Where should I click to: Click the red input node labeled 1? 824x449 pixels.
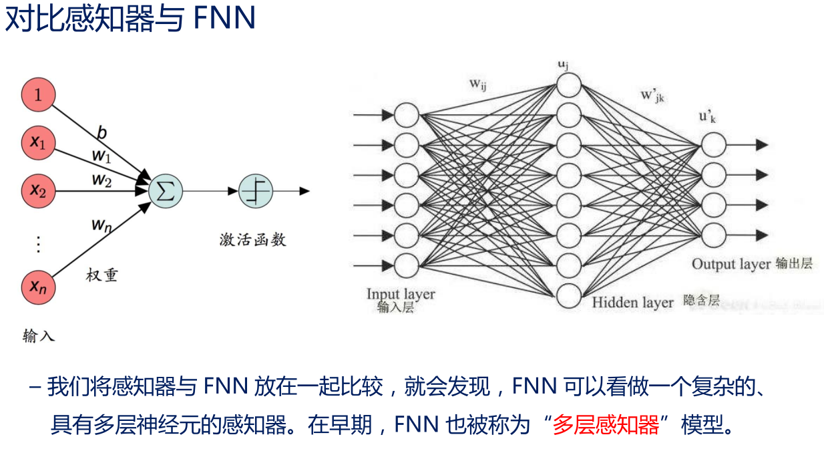click(x=38, y=95)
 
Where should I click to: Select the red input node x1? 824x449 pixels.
click(x=38, y=143)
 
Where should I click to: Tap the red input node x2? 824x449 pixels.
click(x=38, y=191)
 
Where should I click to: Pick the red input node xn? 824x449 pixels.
click(x=38, y=287)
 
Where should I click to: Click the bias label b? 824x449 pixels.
click(x=101, y=133)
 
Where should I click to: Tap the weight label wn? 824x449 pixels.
click(x=101, y=226)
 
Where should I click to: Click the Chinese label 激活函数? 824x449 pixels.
click(x=252, y=239)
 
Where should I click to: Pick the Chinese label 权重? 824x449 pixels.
click(x=102, y=275)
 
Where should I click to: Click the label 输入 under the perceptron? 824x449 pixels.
click(x=38, y=335)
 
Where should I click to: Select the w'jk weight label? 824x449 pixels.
click(x=653, y=96)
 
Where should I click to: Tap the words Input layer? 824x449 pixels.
click(x=401, y=294)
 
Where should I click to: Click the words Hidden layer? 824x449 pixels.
click(x=632, y=303)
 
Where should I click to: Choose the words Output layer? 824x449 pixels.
click(x=731, y=263)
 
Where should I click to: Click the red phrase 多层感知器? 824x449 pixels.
click(x=606, y=424)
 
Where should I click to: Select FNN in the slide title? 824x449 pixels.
click(x=224, y=18)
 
